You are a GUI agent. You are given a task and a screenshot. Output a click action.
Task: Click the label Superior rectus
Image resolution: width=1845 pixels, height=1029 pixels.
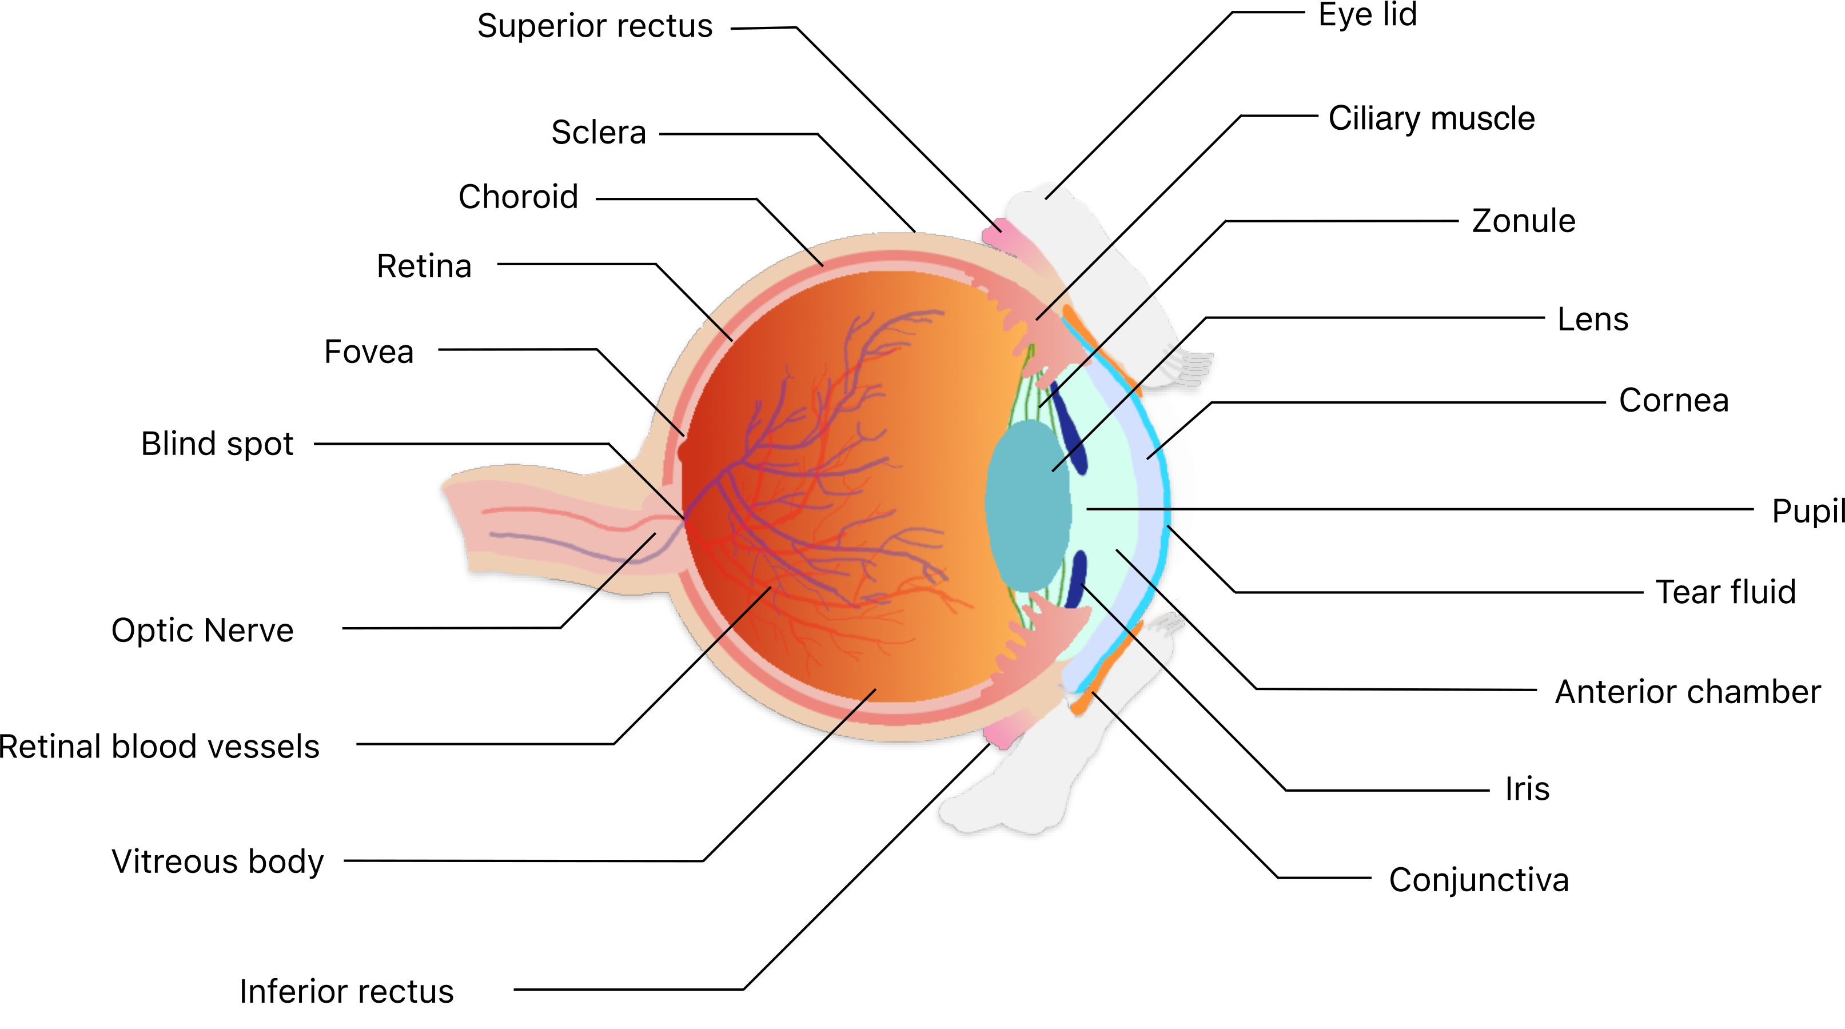click(x=595, y=26)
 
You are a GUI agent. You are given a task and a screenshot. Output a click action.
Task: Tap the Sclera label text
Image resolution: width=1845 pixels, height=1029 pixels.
click(x=598, y=133)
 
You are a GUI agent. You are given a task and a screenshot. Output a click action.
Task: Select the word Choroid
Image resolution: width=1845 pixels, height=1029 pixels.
click(x=518, y=197)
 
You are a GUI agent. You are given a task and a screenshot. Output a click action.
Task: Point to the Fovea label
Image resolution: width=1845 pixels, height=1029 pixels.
click(x=368, y=352)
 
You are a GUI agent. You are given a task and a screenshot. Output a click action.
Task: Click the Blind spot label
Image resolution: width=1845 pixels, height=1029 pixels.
click(x=217, y=444)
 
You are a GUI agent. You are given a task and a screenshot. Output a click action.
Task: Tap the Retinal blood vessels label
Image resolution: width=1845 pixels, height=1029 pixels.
click(x=159, y=747)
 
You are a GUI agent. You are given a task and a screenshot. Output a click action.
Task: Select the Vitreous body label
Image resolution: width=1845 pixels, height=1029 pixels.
click(x=217, y=862)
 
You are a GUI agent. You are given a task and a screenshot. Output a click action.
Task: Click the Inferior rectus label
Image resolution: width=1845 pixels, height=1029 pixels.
click(x=346, y=992)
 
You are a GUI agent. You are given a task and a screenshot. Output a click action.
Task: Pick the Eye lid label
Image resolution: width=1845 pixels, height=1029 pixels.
click(x=1366, y=14)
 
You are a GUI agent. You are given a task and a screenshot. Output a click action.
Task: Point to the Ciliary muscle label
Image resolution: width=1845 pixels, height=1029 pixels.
click(x=1431, y=118)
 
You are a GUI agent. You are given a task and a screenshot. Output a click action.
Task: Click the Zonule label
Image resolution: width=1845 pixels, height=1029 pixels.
click(x=1524, y=221)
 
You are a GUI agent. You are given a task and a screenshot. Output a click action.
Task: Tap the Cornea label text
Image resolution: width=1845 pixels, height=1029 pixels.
click(x=1673, y=400)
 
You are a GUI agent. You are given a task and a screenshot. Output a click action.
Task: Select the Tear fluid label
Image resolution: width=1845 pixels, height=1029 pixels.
click(x=1726, y=592)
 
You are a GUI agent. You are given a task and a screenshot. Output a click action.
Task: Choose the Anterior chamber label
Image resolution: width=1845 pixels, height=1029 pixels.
click(x=1687, y=692)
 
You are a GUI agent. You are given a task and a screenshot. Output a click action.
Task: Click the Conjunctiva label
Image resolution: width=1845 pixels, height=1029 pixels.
click(x=1479, y=880)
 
